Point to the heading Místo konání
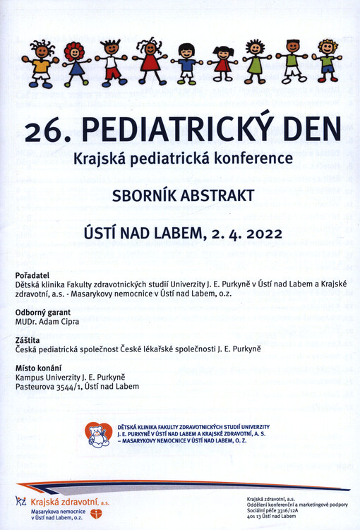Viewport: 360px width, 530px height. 39,368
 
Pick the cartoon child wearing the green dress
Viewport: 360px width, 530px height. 254,62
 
